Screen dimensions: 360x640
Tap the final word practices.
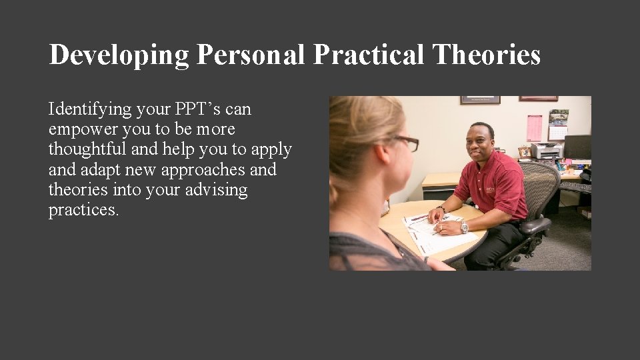point(83,211)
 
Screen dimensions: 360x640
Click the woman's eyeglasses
point(404,142)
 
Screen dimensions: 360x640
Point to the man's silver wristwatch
point(464,226)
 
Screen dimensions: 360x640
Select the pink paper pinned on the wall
point(534,128)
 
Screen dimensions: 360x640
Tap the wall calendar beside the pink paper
point(558,125)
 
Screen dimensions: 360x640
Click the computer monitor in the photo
point(577,147)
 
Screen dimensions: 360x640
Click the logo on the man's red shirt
point(491,190)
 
